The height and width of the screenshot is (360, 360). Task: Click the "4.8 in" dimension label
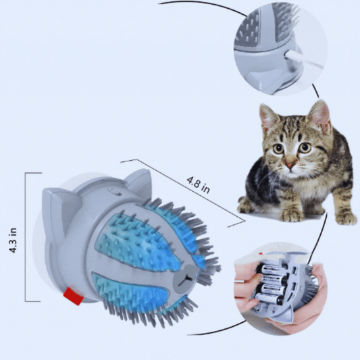pos(197,184)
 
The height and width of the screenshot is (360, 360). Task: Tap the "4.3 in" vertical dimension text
pos(13,239)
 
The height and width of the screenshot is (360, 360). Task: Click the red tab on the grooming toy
pos(72,296)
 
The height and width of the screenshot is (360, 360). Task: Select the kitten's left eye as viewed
pos(278,148)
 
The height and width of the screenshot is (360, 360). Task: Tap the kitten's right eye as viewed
pos(305,147)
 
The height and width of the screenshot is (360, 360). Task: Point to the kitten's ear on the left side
pos(269,118)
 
